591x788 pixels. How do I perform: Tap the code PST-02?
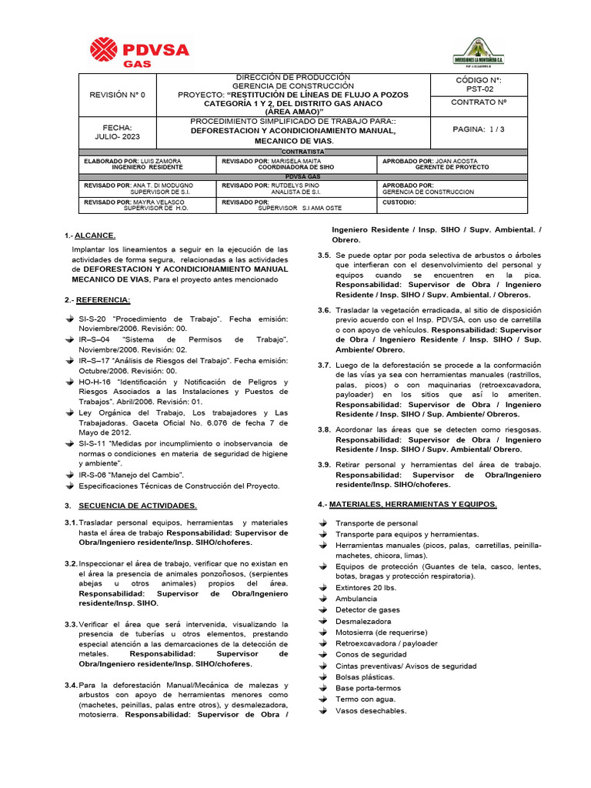click(478, 88)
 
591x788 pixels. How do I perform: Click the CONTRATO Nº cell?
click(478, 102)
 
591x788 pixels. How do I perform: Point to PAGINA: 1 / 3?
click(478, 129)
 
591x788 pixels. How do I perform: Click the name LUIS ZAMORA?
click(164, 162)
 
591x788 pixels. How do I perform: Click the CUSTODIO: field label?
click(399, 202)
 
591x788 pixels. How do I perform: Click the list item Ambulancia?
click(356, 598)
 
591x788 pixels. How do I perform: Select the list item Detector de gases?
click(368, 609)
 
